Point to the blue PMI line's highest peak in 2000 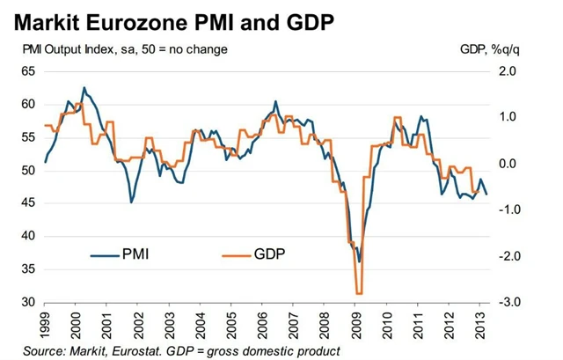click(84, 88)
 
